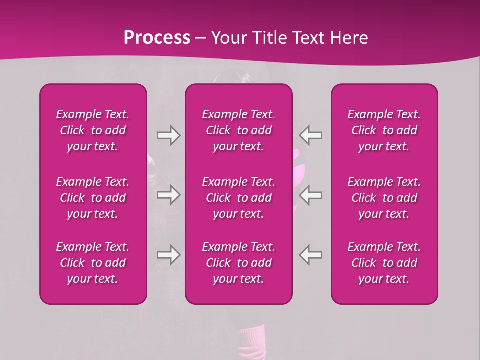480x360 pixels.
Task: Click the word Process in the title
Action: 157,38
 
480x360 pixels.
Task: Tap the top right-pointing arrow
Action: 168,135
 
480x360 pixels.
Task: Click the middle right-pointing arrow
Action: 168,195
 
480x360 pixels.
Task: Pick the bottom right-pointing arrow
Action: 168,255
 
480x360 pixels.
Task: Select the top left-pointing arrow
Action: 310,135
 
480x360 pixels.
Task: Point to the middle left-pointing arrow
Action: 310,195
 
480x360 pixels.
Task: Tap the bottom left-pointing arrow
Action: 310,255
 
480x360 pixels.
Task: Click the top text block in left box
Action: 93,130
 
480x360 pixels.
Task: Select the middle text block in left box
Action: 93,198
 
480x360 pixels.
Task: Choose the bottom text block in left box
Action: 93,263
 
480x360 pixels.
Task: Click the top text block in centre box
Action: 239,130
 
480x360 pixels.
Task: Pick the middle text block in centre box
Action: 239,198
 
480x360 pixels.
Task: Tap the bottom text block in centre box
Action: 239,263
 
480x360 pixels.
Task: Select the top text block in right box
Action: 384,130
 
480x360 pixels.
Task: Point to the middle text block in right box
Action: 384,198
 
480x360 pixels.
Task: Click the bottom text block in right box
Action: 384,263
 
